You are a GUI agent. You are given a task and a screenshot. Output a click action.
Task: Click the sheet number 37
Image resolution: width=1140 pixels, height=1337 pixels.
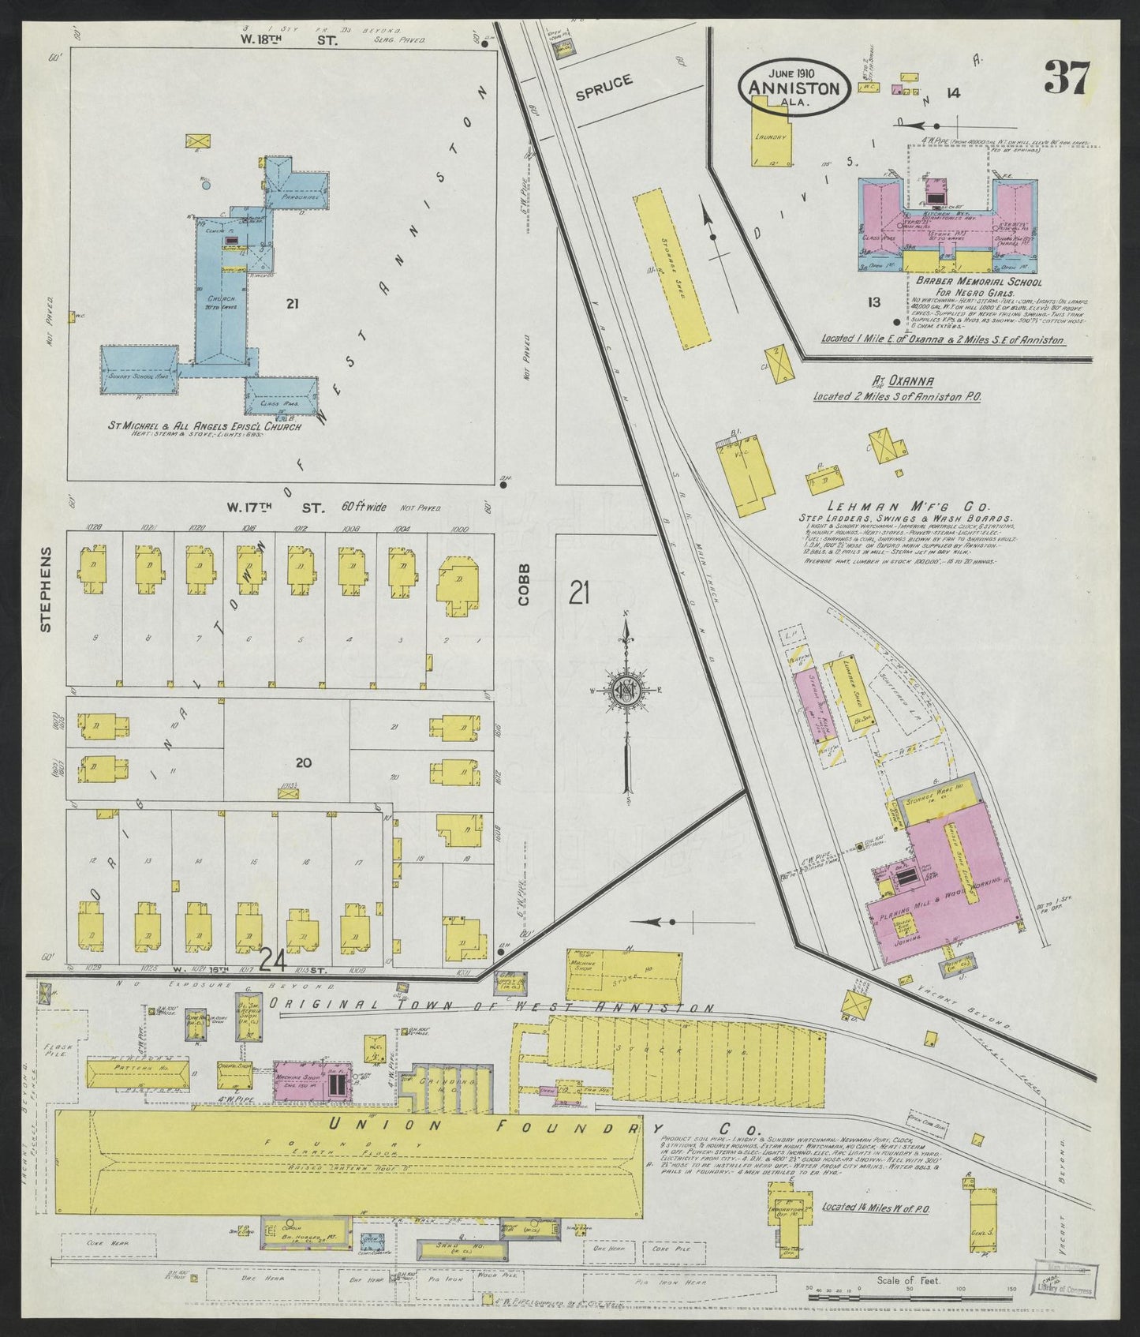[1066, 79]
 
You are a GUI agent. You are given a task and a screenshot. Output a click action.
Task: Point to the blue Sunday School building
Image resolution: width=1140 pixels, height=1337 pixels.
[140, 369]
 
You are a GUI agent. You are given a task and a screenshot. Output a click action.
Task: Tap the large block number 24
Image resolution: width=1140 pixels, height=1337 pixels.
[272, 960]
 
